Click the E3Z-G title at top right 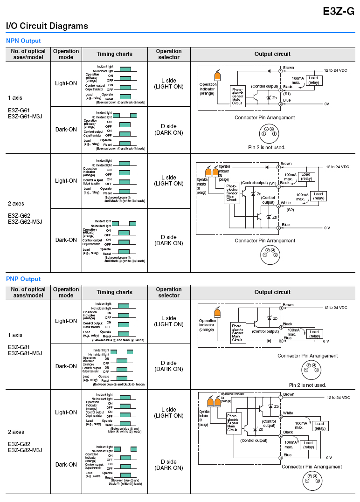(x=339, y=12)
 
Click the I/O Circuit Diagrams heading (x=47, y=26)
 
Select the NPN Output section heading (x=23, y=41)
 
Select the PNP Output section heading (x=23, y=279)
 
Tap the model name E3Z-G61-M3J (x=25, y=116)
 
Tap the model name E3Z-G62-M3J (x=25, y=221)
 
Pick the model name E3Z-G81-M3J (x=25, y=353)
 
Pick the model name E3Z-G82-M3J (x=25, y=450)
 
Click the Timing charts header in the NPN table (x=114, y=54)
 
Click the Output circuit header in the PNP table (x=272, y=292)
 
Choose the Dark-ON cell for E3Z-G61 (x=66, y=130)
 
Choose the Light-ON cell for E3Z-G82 (x=66, y=413)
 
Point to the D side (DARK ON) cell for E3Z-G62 (x=169, y=240)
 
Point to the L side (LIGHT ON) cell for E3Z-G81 (x=169, y=321)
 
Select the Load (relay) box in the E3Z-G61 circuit (x=313, y=80)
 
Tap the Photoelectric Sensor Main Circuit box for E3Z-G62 (x=232, y=193)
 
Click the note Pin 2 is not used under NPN (x=267, y=147)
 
